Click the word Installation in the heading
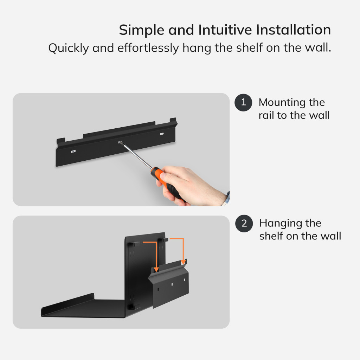click(x=294, y=30)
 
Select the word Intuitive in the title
click(x=225, y=30)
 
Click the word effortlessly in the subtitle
click(x=148, y=48)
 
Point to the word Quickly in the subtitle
click(x=69, y=48)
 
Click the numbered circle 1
click(x=243, y=102)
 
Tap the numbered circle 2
click(x=244, y=223)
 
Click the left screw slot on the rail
click(x=73, y=151)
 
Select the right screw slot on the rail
click(x=162, y=134)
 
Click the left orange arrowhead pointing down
click(x=156, y=269)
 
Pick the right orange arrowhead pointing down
click(x=183, y=262)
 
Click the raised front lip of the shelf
click(x=68, y=302)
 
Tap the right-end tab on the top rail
click(x=173, y=121)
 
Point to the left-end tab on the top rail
click(x=61, y=141)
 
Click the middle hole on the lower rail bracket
click(x=172, y=284)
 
